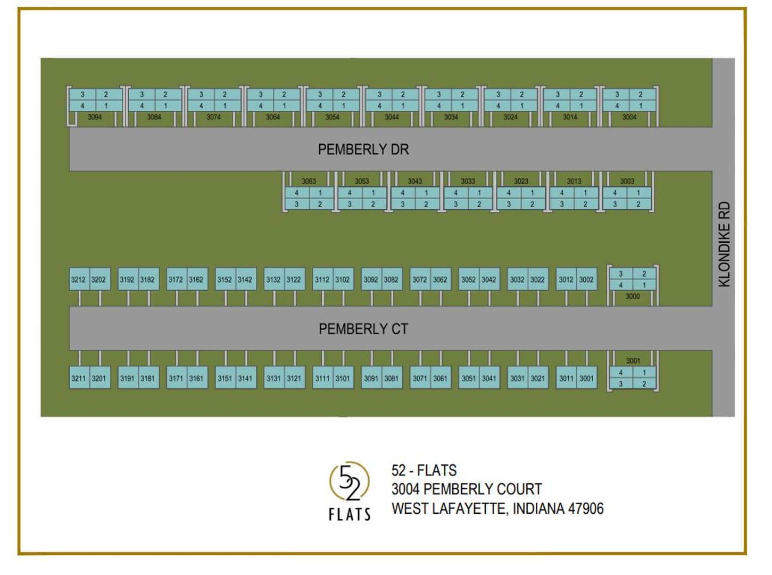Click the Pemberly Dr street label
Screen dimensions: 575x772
click(363, 150)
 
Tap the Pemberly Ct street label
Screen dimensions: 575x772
click(363, 329)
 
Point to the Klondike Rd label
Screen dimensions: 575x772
click(724, 244)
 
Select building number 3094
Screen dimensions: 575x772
click(95, 117)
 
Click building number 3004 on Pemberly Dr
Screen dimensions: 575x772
click(629, 117)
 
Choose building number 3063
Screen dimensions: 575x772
click(309, 181)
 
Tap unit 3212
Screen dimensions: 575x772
click(78, 280)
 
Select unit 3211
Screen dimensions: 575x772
click(78, 379)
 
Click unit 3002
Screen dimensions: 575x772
click(586, 280)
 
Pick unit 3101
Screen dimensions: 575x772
click(343, 379)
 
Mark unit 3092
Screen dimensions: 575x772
click(371, 280)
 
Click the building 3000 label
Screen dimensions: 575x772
click(633, 297)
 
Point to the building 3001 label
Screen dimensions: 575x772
click(633, 361)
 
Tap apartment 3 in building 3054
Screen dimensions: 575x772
click(320, 94)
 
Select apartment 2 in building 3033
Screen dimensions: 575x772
click(479, 204)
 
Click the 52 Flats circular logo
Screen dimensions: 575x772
click(350, 481)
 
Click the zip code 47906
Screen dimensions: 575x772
click(586, 509)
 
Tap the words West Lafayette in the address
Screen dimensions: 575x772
click(449, 509)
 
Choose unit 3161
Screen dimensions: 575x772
click(196, 379)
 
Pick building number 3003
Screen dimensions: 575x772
click(627, 181)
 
